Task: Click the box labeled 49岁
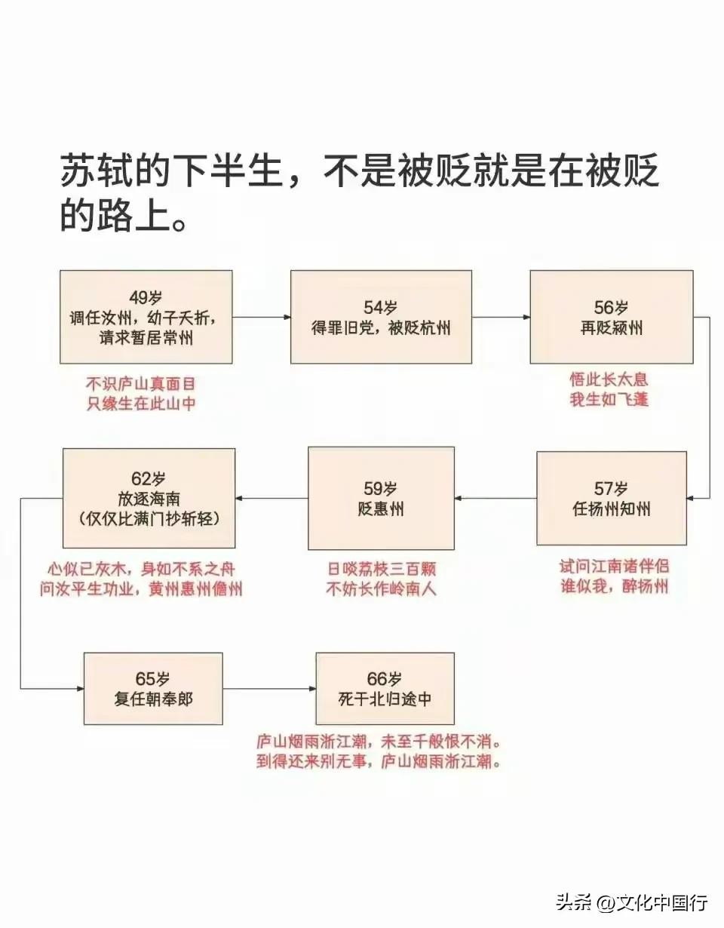[x=146, y=317]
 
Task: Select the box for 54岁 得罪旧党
[x=381, y=317]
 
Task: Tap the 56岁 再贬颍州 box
[x=611, y=317]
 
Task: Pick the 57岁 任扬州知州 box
[x=611, y=498]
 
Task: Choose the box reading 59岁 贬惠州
[x=381, y=498]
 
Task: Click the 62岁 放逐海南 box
[x=149, y=498]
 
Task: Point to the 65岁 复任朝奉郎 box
[x=153, y=688]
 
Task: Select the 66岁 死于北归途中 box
[x=385, y=688]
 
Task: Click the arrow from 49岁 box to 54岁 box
[x=261, y=318]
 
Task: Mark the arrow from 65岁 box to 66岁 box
[x=269, y=688]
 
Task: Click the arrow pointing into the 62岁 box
[x=271, y=498]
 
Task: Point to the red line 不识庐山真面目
[x=141, y=384]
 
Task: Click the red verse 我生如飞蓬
[x=609, y=399]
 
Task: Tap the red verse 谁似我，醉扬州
[x=614, y=586]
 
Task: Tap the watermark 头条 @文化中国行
[x=631, y=902]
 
